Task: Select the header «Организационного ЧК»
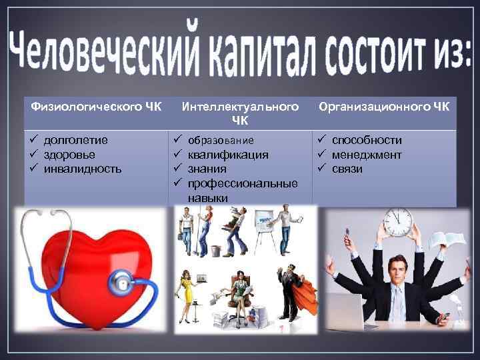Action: click(384, 106)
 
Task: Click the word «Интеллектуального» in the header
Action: click(240, 107)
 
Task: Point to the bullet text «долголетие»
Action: click(75, 140)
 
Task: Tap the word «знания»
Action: click(207, 169)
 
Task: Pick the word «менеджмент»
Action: click(367, 155)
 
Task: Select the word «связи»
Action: click(347, 169)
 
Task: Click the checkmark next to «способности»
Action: click(321, 140)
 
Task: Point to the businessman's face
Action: click(398, 269)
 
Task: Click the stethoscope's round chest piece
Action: click(122, 284)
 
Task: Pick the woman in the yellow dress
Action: click(185, 293)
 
